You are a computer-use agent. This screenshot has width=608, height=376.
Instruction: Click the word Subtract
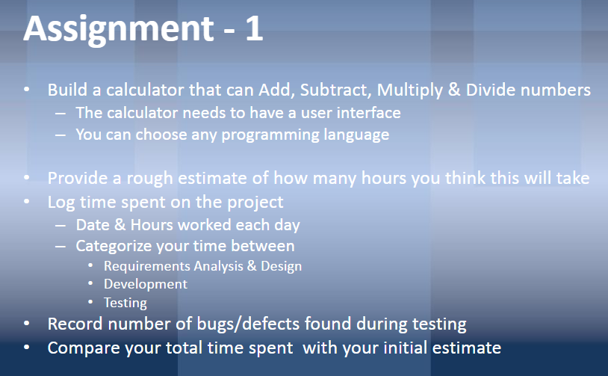coord(333,90)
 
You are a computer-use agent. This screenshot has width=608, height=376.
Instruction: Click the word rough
coord(150,179)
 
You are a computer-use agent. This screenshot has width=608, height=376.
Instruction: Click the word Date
coord(93,224)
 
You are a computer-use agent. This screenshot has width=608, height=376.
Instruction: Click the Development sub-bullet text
coord(146,284)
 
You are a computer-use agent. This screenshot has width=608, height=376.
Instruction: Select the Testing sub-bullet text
coord(125,303)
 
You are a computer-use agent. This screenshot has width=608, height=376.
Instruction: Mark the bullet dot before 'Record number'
coord(27,324)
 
